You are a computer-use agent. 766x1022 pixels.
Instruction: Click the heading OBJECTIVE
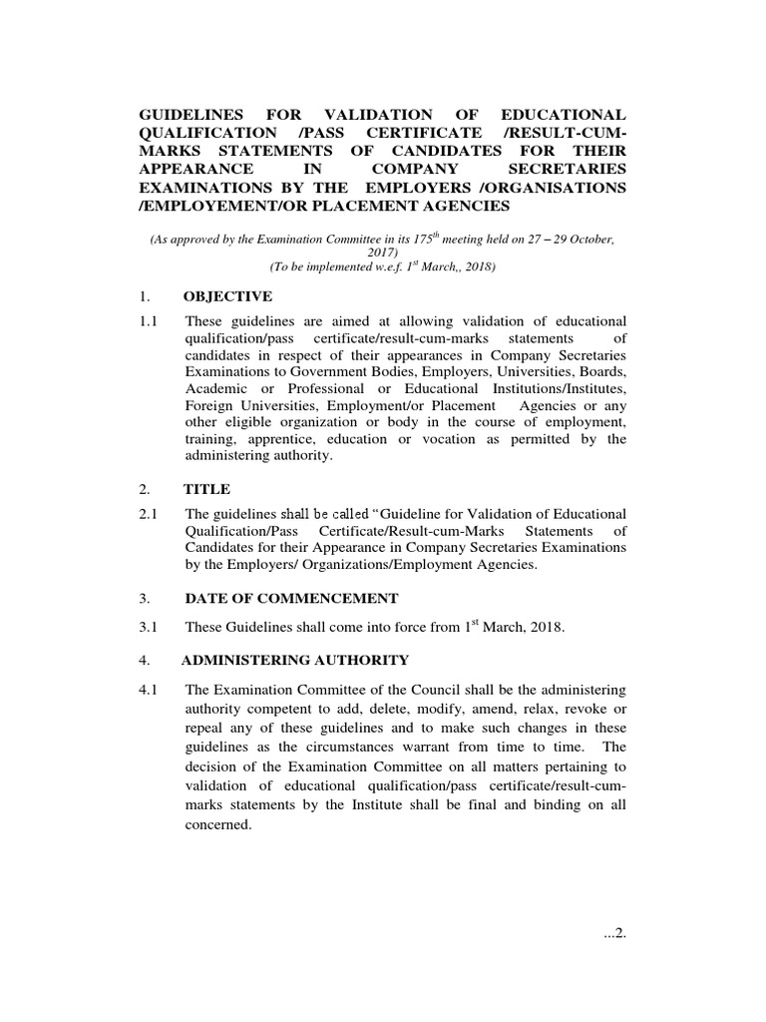[228, 296]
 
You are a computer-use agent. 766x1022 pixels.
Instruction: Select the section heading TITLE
[206, 489]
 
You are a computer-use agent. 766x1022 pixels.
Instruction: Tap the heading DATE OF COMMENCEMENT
[291, 598]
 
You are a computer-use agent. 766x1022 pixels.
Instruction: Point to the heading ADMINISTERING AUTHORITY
[295, 660]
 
